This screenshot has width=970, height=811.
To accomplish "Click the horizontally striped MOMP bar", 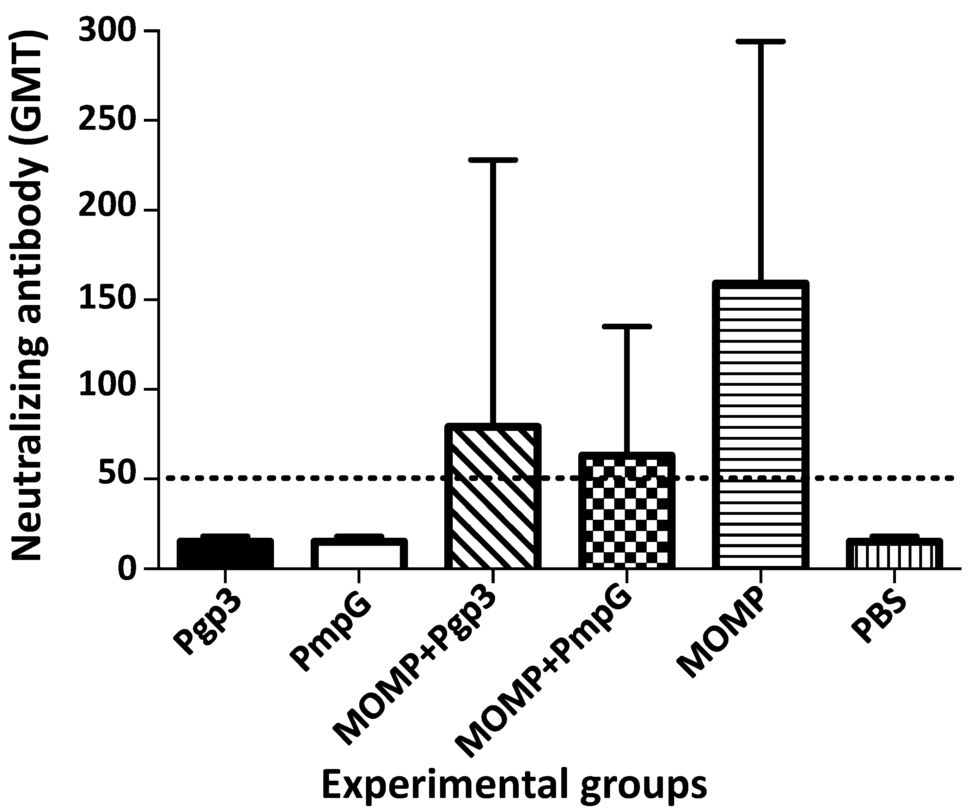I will [760, 425].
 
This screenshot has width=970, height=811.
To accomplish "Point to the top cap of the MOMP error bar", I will [760, 42].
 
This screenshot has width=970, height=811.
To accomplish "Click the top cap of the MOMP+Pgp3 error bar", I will [493, 160].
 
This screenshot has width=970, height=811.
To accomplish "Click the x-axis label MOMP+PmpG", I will [545, 670].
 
